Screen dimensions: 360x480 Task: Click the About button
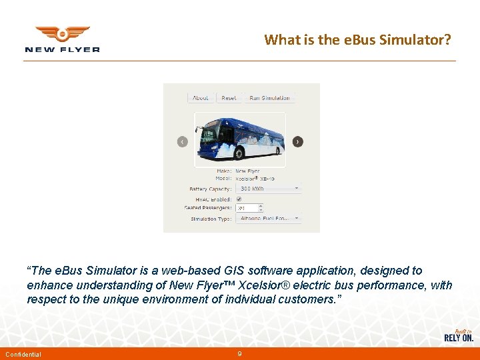tap(201, 98)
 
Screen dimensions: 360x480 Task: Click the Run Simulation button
tap(269, 98)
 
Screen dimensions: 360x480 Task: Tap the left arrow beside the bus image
tap(183, 141)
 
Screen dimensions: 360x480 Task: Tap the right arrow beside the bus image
tap(297, 141)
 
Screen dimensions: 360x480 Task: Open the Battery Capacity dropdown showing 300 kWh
tap(269, 189)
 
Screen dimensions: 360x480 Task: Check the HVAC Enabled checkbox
tap(239, 199)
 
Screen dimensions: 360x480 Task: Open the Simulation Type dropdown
tap(269, 218)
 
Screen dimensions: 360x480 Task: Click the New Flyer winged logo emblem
tap(62, 34)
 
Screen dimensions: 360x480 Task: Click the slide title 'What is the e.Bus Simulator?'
tap(357, 39)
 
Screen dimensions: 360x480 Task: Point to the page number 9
tap(239, 353)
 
